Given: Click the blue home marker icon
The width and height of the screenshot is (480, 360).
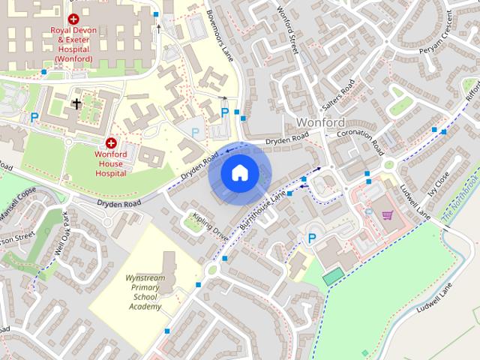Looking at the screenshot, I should tap(239, 172).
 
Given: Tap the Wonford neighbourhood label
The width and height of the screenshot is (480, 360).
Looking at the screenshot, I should tap(320, 122).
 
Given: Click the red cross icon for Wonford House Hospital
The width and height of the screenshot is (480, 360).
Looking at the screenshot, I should tap(111, 142).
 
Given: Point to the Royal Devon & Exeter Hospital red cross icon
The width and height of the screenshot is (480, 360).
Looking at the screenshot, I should tap(73, 19).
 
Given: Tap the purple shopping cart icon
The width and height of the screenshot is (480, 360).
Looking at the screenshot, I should tap(387, 214).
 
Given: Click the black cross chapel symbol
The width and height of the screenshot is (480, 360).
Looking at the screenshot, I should tap(76, 103).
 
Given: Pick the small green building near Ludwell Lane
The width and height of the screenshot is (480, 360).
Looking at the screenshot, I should tap(331, 277).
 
